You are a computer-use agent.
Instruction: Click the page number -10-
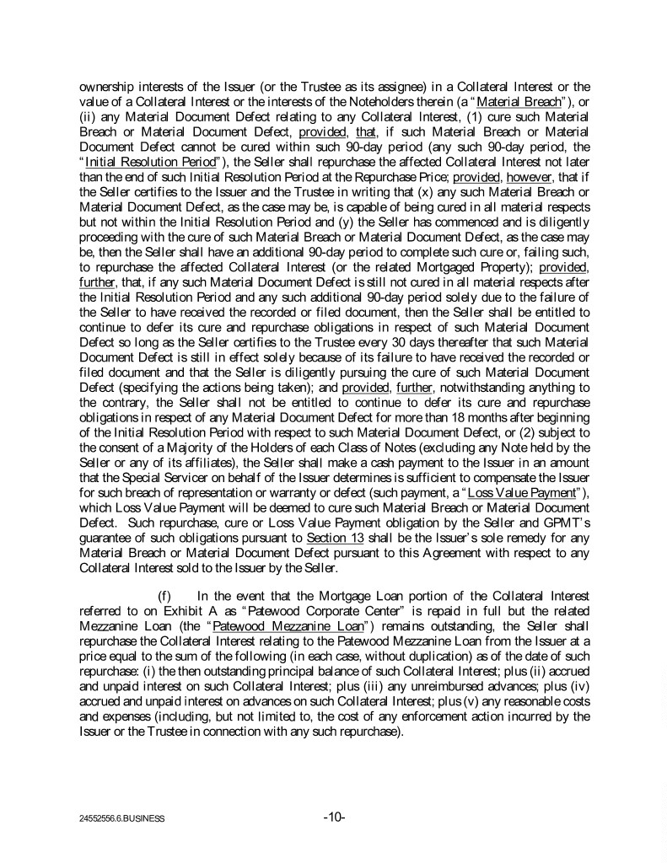pos(334,817)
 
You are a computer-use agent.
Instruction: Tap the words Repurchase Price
pos(406,175)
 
